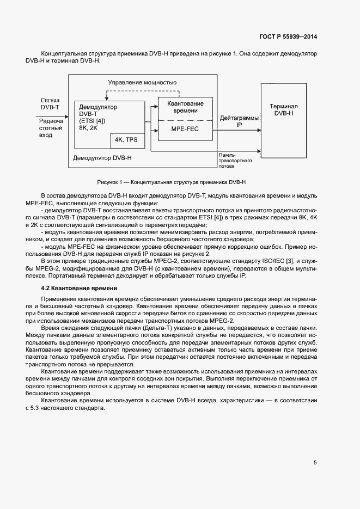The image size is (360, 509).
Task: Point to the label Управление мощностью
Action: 142,82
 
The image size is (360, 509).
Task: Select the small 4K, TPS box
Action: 126,140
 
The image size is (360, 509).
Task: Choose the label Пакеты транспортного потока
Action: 234,161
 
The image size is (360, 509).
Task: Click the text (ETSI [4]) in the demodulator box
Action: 92,120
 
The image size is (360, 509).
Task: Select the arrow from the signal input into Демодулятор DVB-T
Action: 68,115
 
